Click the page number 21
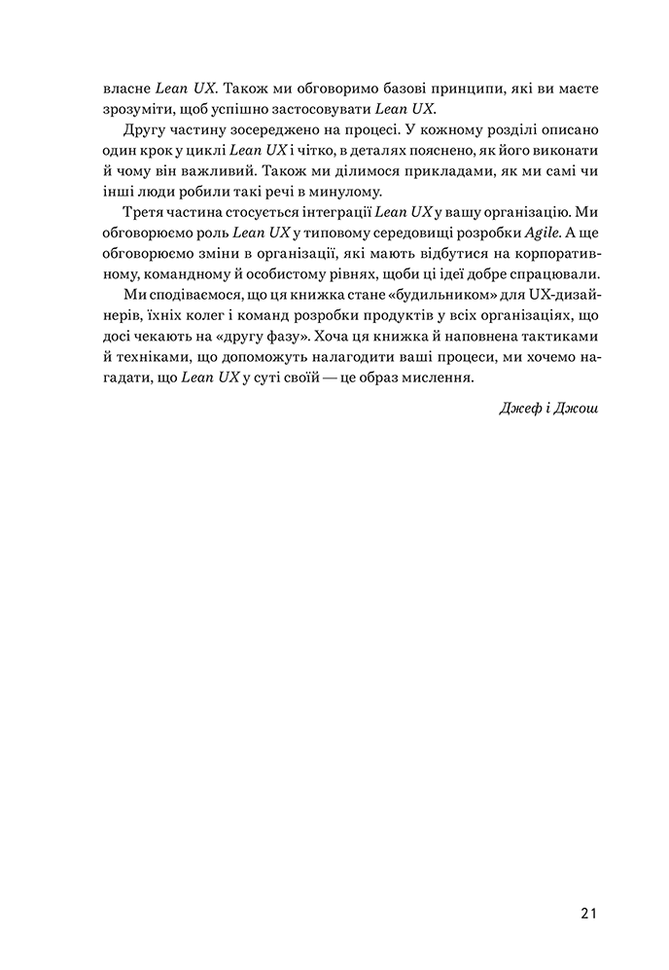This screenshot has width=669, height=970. click(586, 913)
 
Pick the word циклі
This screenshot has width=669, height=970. click(203, 151)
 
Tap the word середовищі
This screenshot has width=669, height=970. click(396, 232)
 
